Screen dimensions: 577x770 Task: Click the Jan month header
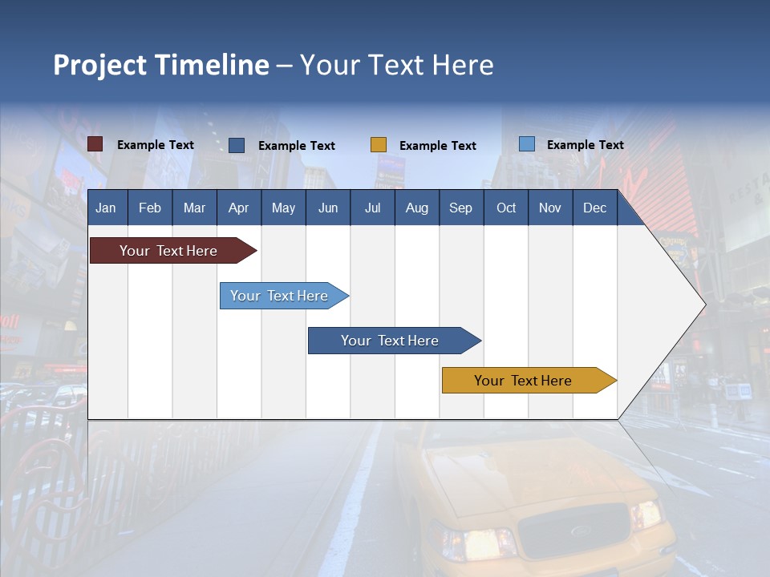[x=106, y=208]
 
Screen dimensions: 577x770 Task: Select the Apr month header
[x=238, y=208]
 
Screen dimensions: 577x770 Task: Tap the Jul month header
[x=372, y=208]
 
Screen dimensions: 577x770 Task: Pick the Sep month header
[x=460, y=208]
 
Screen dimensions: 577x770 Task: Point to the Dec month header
[x=594, y=208]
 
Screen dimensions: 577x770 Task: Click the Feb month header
[x=150, y=208]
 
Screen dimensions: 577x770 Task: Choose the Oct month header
[x=506, y=208]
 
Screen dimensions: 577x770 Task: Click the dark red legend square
[x=95, y=144]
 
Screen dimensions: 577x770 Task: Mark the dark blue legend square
[x=237, y=145]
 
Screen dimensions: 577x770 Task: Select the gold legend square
[x=379, y=145]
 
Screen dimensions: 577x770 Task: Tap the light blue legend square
[x=527, y=144]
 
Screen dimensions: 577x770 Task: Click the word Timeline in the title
[x=212, y=65]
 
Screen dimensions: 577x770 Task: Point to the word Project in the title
[x=100, y=65]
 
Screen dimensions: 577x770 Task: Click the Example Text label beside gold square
[x=437, y=145]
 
